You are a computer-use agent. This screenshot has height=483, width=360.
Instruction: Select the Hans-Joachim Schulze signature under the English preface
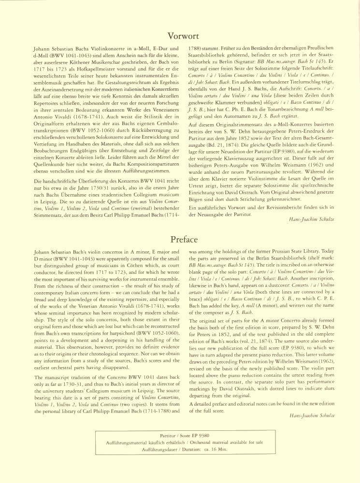click(305, 415)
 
